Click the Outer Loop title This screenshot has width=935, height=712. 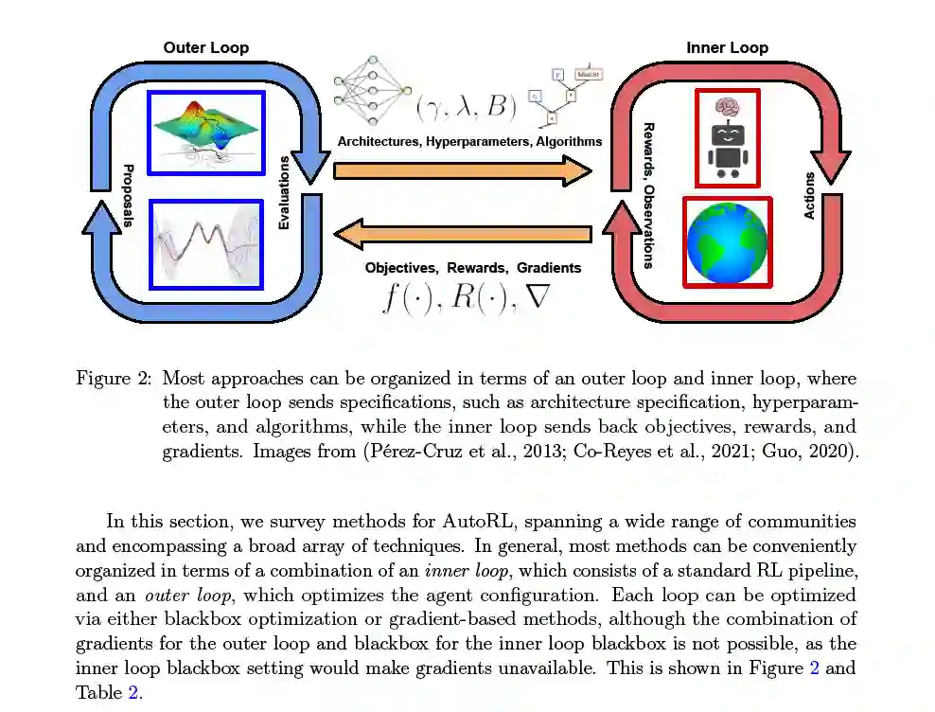click(x=205, y=47)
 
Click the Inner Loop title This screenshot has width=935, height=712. click(x=726, y=47)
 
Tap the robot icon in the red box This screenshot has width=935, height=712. click(x=727, y=138)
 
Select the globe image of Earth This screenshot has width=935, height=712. click(x=727, y=242)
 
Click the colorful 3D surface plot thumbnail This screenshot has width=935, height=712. click(x=205, y=132)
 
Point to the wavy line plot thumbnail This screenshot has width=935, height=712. click(x=205, y=243)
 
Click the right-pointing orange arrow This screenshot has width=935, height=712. click(x=463, y=170)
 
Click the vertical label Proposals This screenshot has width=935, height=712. click(x=128, y=197)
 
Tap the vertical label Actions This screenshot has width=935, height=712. click(x=809, y=196)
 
